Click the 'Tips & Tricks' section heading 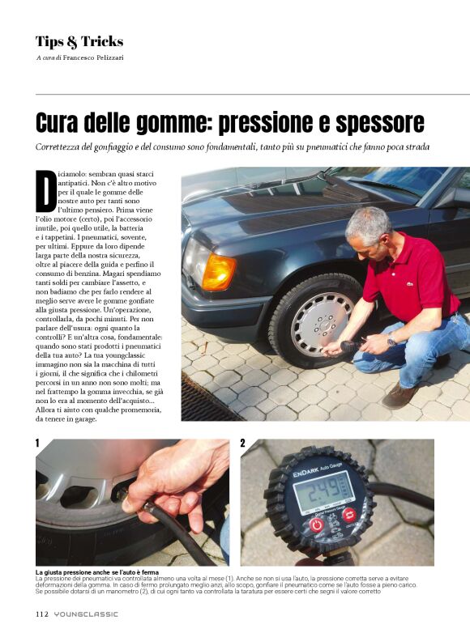pos(79,41)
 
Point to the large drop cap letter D pos(45,191)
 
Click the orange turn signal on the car pos(218,272)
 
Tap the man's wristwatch pos(391,341)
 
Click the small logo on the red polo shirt pos(410,284)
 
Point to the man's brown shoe pos(399,395)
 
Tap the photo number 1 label pos(37,444)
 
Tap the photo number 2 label pos(243,444)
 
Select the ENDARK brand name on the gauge pos(305,473)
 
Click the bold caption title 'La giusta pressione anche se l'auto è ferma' pos(96,572)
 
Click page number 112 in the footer pos(42,614)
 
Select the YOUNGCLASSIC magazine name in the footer pos(86,614)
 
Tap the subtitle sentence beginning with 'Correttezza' pos(232,147)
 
